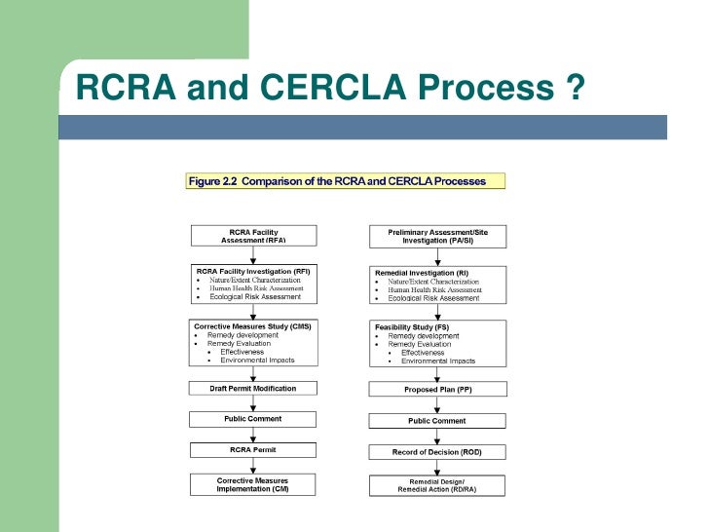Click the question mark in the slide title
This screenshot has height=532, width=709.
coord(574,88)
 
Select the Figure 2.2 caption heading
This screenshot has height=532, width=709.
coord(346,180)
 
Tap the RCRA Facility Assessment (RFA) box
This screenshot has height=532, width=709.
coord(253,236)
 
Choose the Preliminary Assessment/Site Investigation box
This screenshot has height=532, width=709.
coord(437,236)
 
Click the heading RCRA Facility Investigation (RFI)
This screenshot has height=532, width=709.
coord(253,270)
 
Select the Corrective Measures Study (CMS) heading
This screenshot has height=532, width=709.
coord(252,325)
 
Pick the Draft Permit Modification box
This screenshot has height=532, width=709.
coord(253,388)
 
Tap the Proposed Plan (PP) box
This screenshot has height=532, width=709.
coord(437,389)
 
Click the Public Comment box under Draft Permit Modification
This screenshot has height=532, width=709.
coord(253,419)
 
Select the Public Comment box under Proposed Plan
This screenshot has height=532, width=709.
coord(437,421)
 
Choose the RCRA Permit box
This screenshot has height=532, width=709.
coord(253,449)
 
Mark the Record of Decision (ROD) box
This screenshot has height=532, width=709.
coord(437,452)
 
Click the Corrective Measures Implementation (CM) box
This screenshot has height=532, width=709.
coord(253,484)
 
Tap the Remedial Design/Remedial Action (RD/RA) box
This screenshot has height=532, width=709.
coord(437,485)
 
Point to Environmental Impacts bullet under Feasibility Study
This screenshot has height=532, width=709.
coord(438,361)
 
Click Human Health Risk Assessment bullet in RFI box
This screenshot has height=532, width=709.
coord(256,288)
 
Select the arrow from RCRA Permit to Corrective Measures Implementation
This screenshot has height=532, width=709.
coord(253,465)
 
